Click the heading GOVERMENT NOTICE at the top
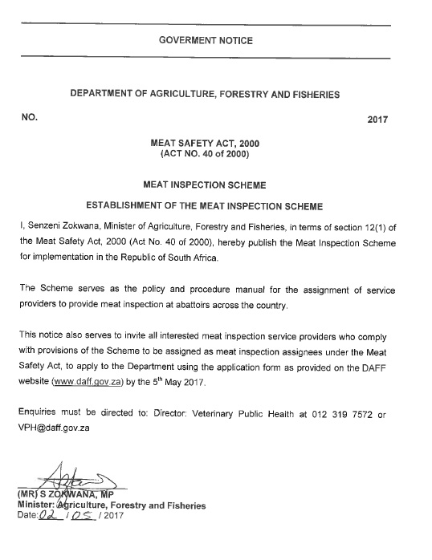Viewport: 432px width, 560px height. (x=206, y=41)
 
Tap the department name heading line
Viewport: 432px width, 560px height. (x=205, y=94)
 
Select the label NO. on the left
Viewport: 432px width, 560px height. (x=31, y=117)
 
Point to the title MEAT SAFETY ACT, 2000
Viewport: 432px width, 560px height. (x=206, y=142)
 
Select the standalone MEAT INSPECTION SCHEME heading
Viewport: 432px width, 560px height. (x=206, y=185)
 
